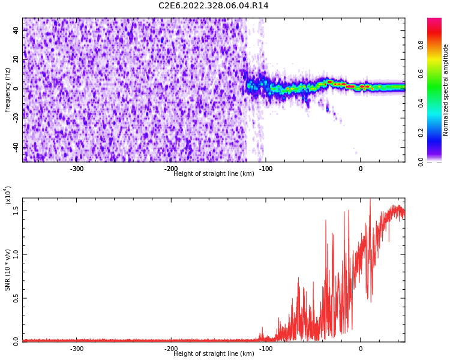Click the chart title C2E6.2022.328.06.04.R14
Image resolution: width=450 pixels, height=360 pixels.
[x=213, y=6]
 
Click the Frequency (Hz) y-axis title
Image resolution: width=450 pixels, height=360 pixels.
[x=8, y=90]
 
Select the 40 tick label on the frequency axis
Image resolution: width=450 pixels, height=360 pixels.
[x=16, y=29]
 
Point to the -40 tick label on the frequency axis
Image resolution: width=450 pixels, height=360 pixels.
[x=14, y=147]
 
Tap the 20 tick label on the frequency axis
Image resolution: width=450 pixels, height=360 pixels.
[x=16, y=59]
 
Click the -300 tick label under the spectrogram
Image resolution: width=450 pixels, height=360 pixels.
[x=77, y=169]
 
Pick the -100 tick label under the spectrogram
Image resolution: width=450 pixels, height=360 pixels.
[x=266, y=169]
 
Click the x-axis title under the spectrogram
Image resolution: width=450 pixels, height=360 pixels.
[x=214, y=174]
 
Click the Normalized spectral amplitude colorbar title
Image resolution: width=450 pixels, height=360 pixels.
[x=446, y=90]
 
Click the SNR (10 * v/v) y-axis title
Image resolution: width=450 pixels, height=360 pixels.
[x=8, y=270]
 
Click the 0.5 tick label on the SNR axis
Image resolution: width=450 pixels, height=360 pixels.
[x=16, y=298]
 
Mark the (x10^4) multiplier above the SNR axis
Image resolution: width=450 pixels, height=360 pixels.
[x=8, y=194]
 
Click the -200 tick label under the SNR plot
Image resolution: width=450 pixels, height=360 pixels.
[x=171, y=349]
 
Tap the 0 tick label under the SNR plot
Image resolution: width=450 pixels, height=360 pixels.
[x=361, y=349]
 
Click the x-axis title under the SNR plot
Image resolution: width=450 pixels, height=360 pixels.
[x=214, y=354]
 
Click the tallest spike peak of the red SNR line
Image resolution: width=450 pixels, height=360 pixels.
[x=370, y=200]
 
